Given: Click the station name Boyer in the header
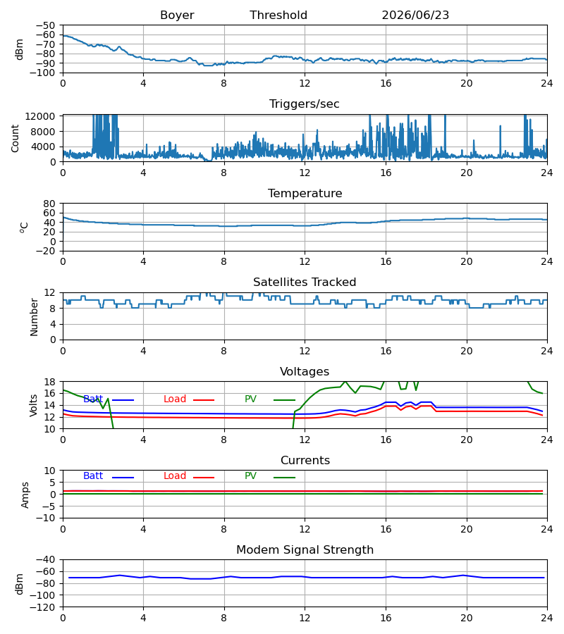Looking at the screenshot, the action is point(177,15).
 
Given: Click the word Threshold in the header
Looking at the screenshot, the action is point(278,15).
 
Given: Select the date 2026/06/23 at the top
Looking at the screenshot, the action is point(415,15).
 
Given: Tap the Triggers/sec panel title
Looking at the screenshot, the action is point(305,104).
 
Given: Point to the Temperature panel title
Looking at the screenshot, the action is point(305,193).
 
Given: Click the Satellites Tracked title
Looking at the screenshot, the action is point(305,282).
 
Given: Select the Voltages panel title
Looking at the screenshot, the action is point(305,371).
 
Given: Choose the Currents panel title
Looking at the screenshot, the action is point(305,461).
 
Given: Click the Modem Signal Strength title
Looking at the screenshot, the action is point(305,550).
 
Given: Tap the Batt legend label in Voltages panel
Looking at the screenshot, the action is point(93,399).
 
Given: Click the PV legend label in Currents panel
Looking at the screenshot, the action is point(250,476).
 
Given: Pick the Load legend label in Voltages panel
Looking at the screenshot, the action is point(175,399).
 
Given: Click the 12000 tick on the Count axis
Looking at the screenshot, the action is point(40,116).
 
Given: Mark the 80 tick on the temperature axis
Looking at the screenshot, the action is point(49,204).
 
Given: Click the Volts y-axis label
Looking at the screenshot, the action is point(34,405).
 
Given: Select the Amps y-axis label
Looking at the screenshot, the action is point(25,495).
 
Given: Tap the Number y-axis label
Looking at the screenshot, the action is point(34,317).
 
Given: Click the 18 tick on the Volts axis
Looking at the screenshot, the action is point(49,382).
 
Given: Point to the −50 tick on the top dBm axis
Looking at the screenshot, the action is point(45,25).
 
